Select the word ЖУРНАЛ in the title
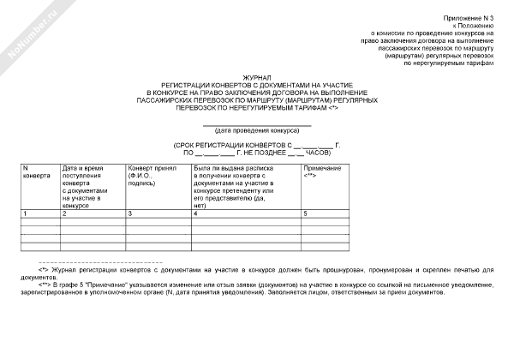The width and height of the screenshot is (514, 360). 257,77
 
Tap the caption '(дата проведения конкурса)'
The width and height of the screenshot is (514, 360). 257,129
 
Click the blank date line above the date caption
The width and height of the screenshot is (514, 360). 257,123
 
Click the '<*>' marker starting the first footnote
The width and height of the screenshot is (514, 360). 43,268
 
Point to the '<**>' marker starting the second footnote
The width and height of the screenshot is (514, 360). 45,284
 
